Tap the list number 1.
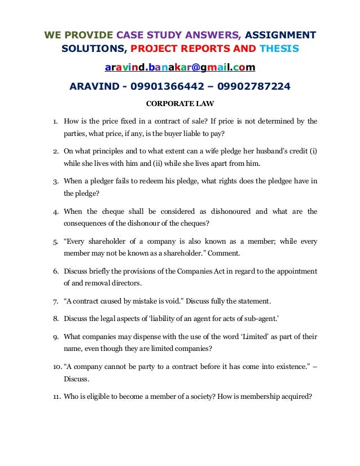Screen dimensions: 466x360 (x=55, y=121)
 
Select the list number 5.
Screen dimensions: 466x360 (x=55, y=242)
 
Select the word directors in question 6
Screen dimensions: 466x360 (x=125, y=283)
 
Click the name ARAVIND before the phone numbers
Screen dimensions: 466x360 (x=91, y=86)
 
